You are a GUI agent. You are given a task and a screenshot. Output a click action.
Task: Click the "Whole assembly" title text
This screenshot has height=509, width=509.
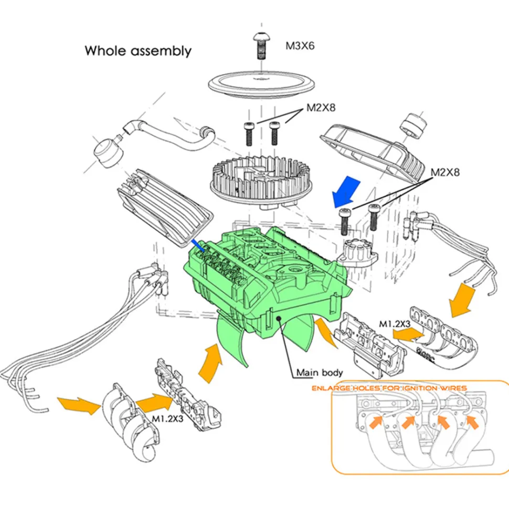(x=138, y=51)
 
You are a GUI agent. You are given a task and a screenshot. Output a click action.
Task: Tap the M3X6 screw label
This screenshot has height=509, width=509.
(x=300, y=46)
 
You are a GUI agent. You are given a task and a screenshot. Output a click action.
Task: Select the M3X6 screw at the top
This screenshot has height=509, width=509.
(x=260, y=46)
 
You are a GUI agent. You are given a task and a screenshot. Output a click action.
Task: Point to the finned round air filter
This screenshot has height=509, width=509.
(x=261, y=182)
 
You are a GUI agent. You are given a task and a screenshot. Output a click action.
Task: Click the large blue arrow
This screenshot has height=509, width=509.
(x=346, y=192)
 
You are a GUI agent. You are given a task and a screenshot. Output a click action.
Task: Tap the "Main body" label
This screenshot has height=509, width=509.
(x=320, y=373)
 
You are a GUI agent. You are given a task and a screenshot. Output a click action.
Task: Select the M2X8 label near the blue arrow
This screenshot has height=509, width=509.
(x=445, y=172)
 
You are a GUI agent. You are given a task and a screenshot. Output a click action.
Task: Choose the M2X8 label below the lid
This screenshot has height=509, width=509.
(x=321, y=108)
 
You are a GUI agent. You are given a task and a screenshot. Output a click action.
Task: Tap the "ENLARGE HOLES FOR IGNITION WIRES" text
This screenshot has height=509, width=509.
(x=389, y=388)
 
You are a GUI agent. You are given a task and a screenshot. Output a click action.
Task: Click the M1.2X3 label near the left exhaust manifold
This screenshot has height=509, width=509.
(x=167, y=419)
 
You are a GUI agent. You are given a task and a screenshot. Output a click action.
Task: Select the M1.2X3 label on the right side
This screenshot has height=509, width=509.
(x=395, y=324)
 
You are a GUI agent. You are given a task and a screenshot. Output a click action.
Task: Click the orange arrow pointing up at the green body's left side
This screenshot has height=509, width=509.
(x=210, y=363)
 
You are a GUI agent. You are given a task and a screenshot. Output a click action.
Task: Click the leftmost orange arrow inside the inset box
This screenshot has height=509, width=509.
(x=376, y=422)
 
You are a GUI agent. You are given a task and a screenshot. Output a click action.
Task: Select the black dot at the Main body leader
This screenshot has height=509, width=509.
(x=279, y=319)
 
